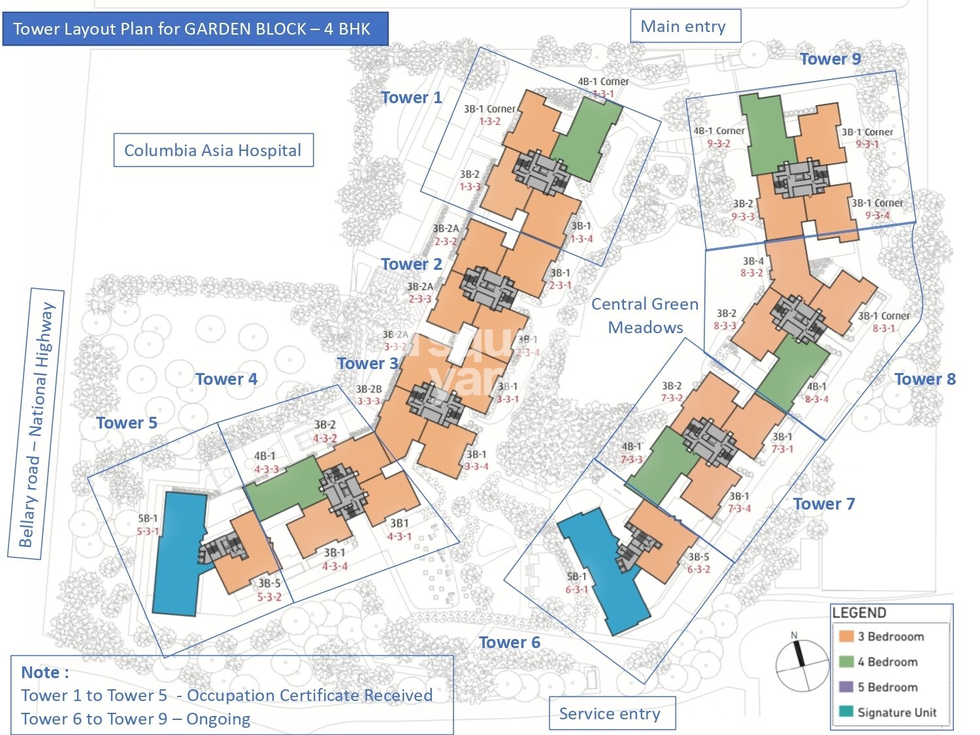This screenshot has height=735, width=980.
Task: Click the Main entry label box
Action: coord(685,26)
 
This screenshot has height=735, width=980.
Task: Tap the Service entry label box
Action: coord(612,713)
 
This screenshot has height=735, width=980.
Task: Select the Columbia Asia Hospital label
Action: coord(213,150)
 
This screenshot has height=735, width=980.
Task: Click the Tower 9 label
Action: coord(830,59)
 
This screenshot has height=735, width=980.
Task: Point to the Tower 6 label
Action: coord(510,642)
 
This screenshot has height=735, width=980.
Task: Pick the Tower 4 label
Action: coord(226,379)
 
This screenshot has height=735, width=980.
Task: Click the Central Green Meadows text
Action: coord(645,316)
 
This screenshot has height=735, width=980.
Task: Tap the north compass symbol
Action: coord(802,665)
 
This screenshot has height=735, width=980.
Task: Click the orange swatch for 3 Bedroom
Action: coord(847,636)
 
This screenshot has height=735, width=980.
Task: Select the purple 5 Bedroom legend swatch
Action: coord(847,687)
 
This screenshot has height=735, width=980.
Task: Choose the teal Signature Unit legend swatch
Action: coord(847,711)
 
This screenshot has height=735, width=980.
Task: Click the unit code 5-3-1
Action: coord(148,531)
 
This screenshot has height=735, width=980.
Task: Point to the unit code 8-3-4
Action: coord(817,399)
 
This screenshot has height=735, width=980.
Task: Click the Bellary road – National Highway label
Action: coord(37,425)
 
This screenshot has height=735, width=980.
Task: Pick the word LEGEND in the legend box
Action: coord(859,613)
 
